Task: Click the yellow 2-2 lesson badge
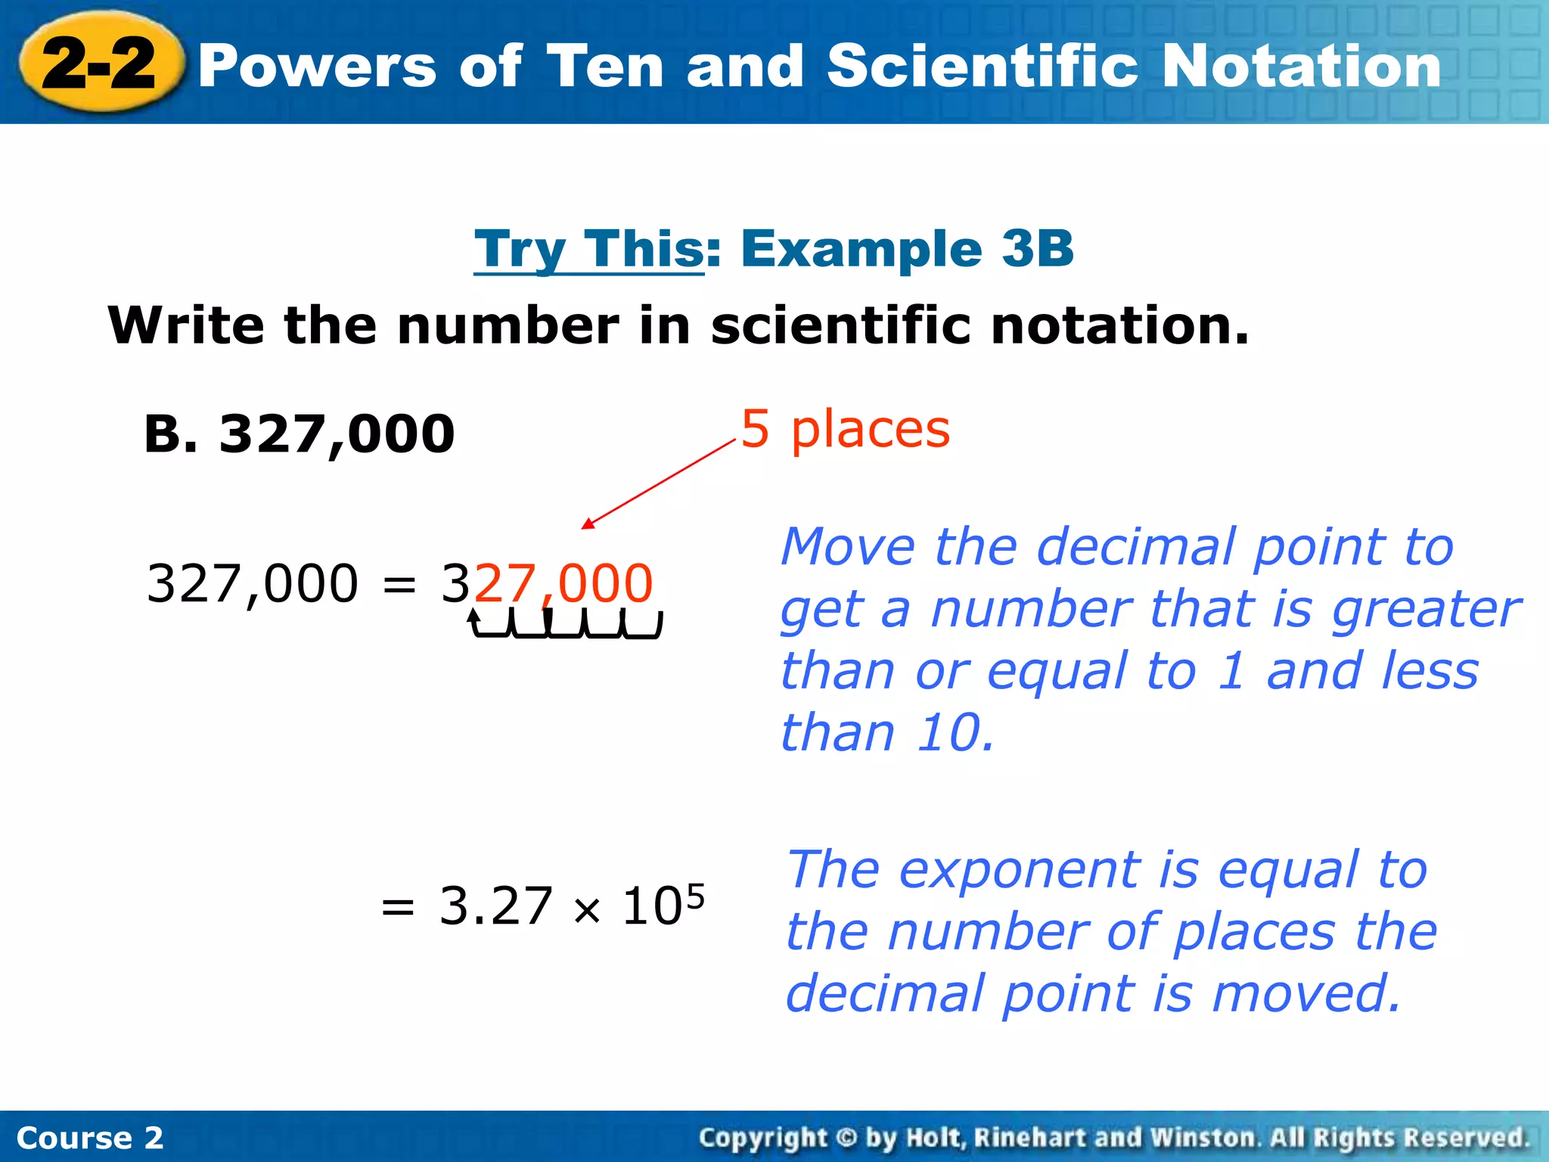[101, 64]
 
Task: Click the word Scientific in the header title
[982, 67]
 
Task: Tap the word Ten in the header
[605, 67]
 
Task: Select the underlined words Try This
[589, 249]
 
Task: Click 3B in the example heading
[1037, 249]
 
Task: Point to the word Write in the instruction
[186, 325]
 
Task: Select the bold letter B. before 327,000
[173, 434]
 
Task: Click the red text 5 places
[845, 429]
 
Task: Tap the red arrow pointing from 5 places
[658, 484]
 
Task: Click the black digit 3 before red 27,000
[456, 583]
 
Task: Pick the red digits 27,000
[563, 583]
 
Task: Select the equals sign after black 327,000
[399, 585]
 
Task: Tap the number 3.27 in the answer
[495, 906]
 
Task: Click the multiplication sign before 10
[587, 910]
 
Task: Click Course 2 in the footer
[89, 1138]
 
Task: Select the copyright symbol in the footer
[846, 1137]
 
